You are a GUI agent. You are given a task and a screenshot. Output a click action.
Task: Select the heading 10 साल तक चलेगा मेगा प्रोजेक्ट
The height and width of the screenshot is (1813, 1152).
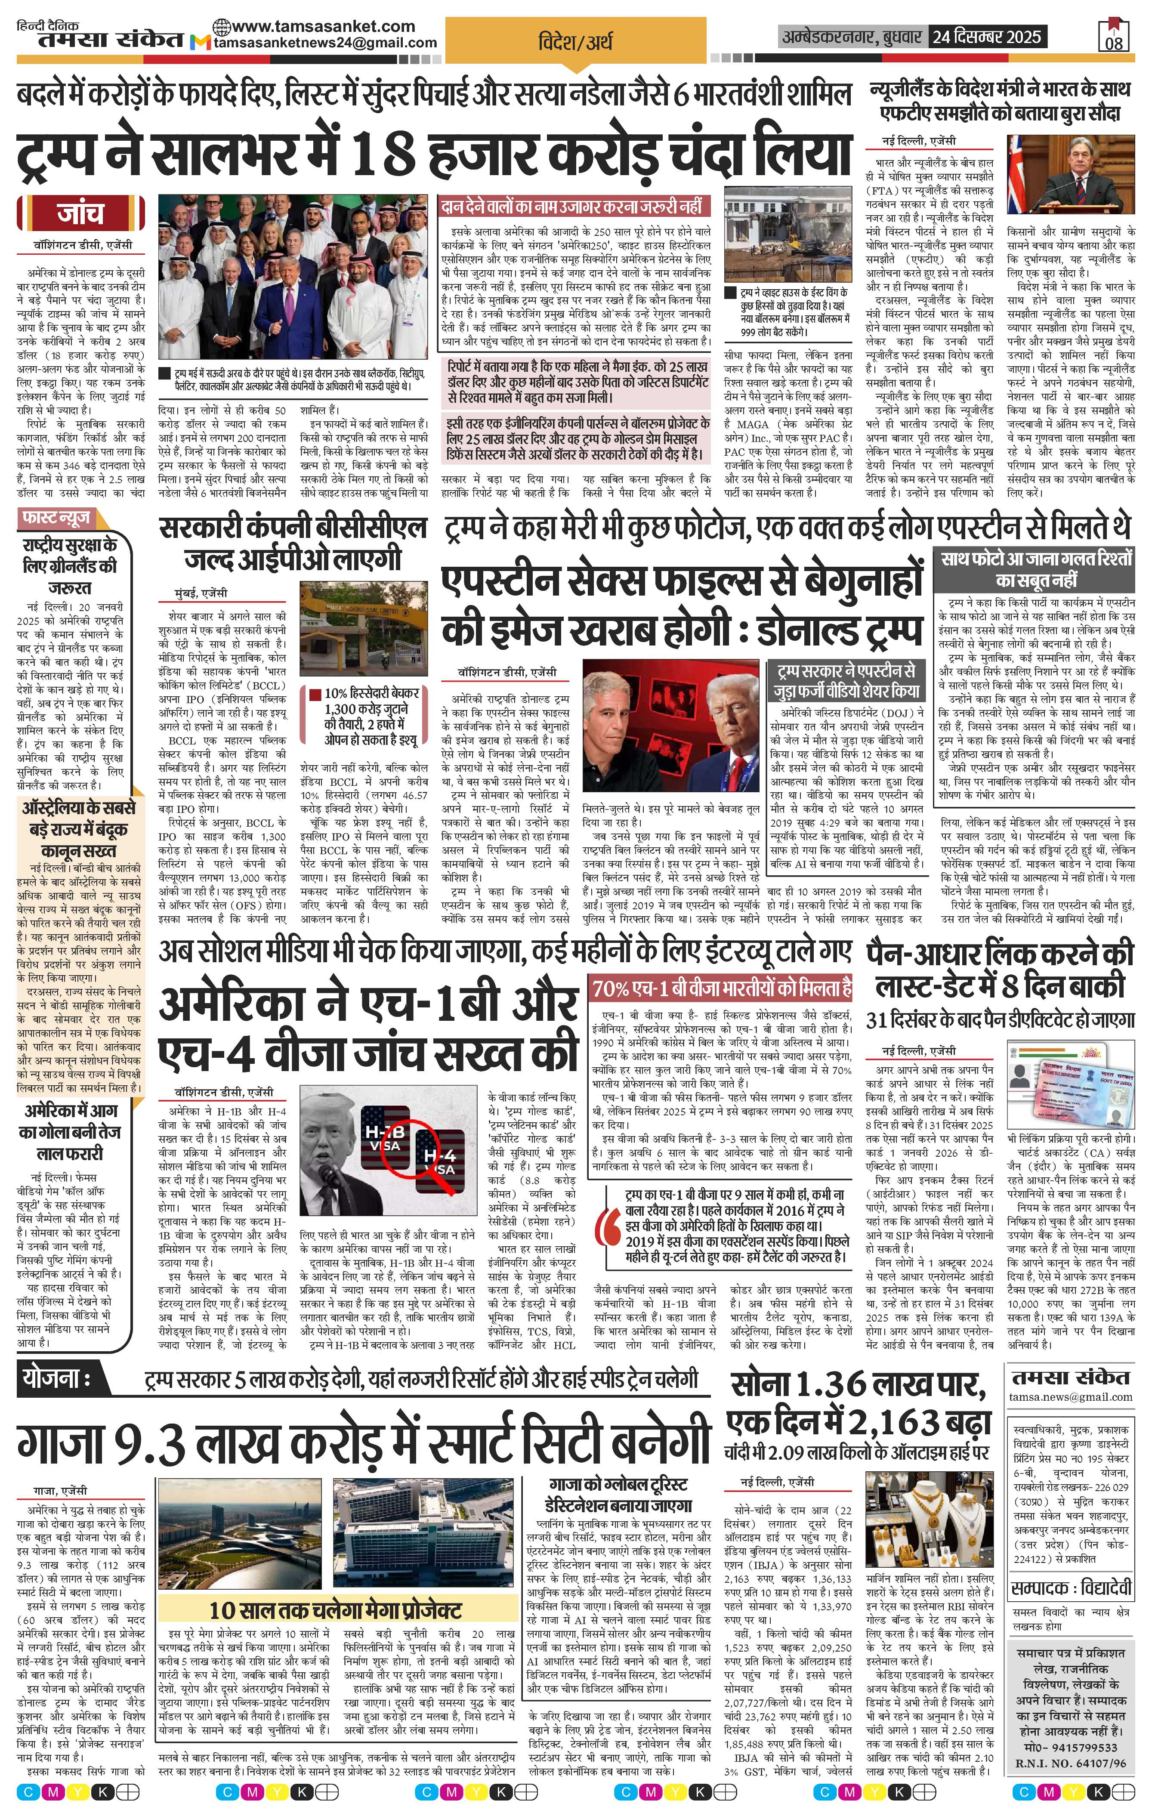point(335,1610)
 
